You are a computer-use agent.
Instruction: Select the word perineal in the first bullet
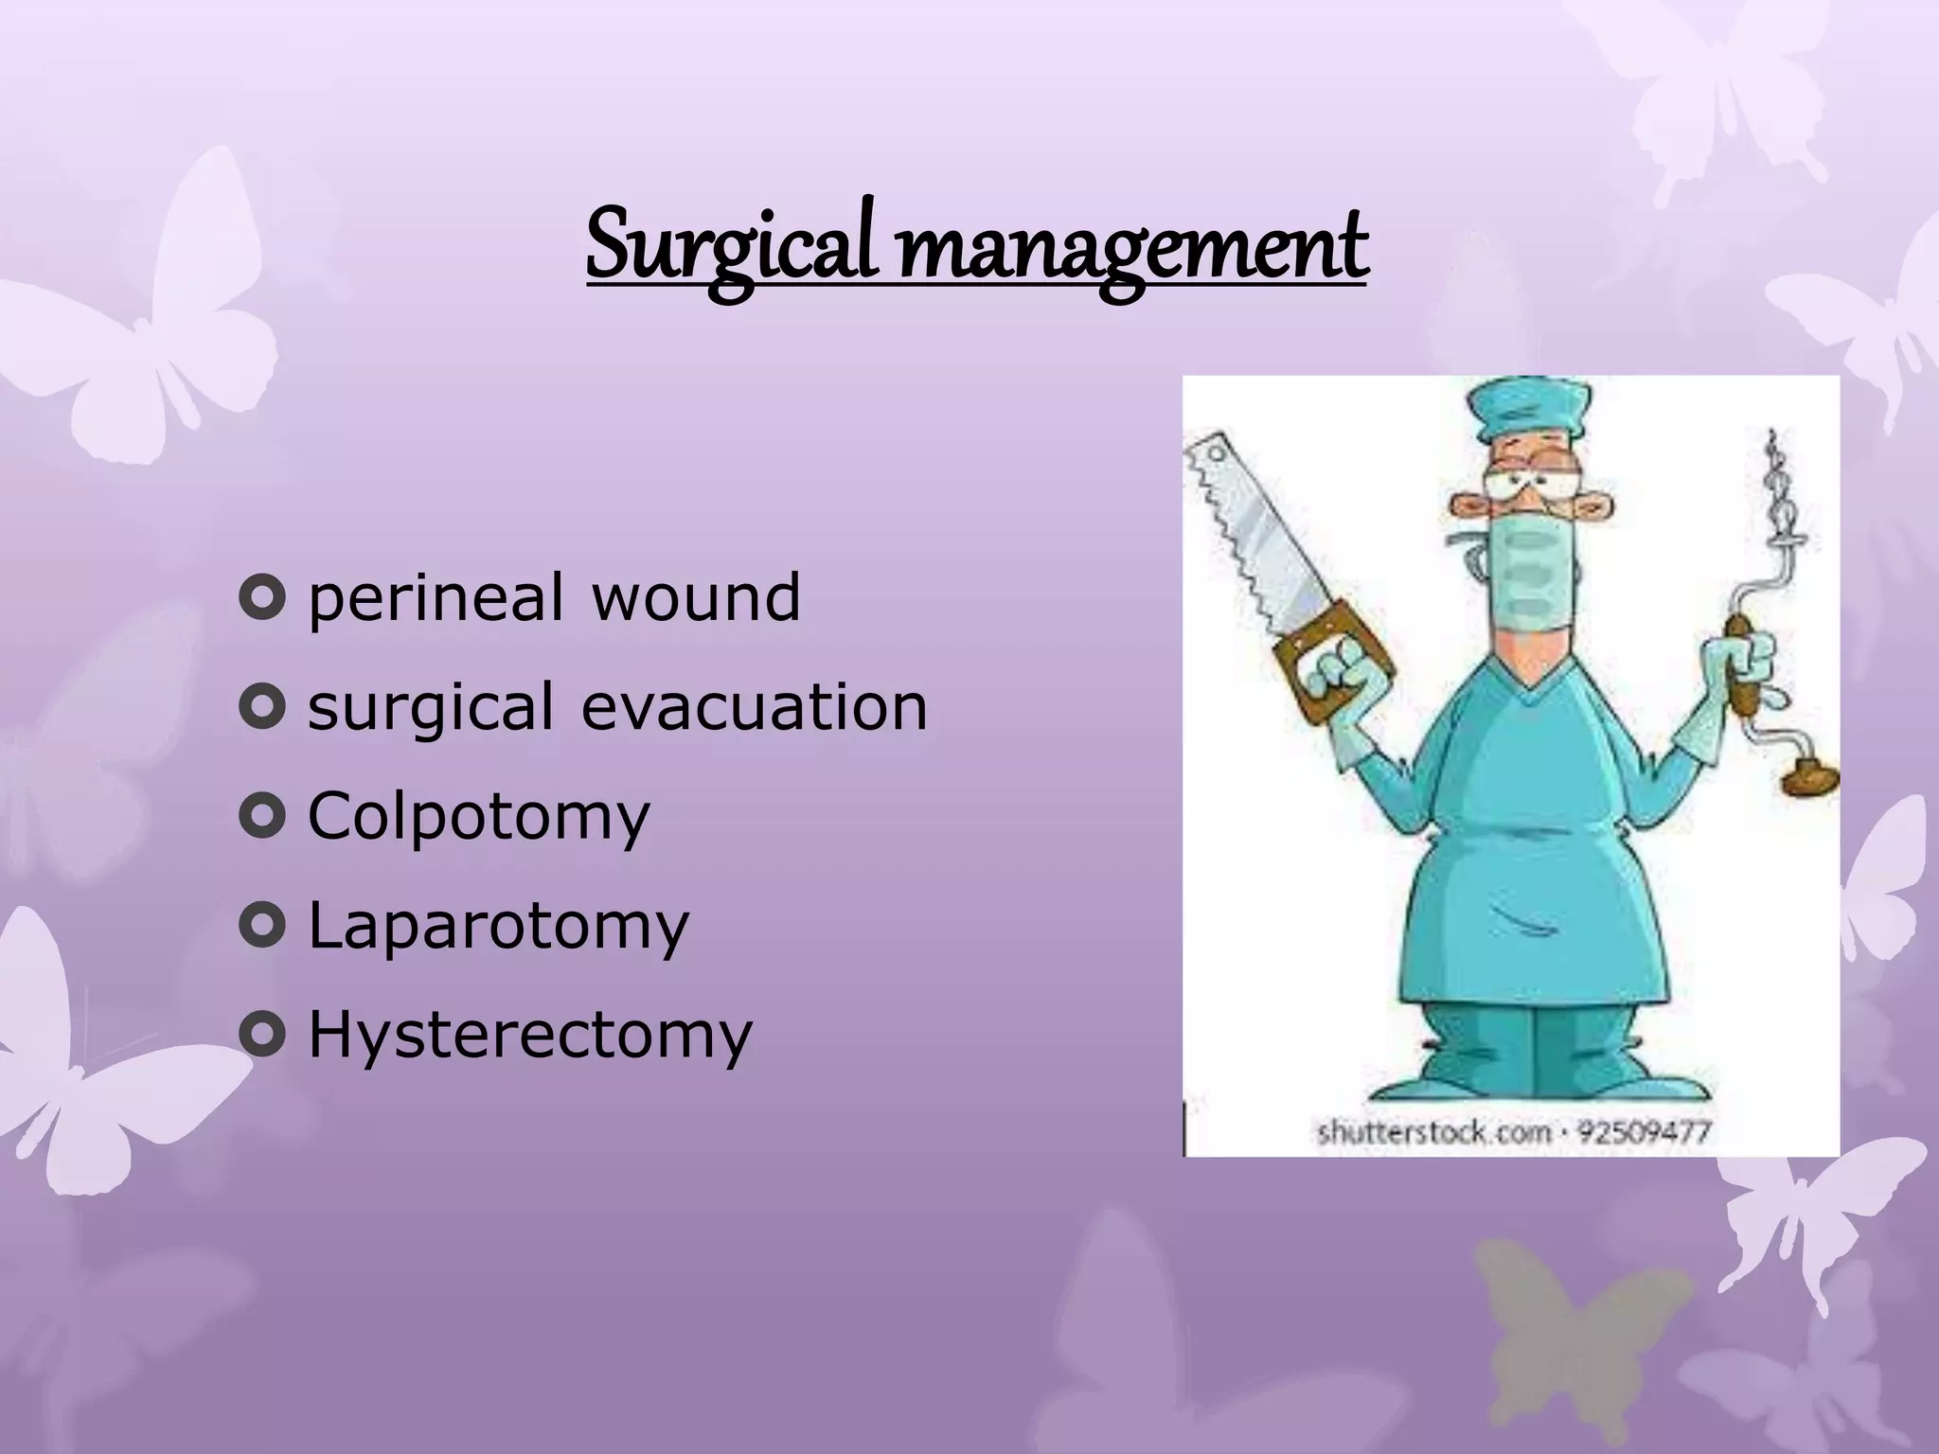click(436, 598)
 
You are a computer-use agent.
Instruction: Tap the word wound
click(696, 598)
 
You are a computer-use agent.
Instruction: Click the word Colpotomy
click(479, 816)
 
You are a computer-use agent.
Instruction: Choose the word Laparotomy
click(499, 926)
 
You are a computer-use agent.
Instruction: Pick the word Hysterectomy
click(530, 1035)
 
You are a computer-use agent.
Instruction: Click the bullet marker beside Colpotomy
click(262, 817)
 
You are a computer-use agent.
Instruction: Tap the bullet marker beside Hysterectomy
click(262, 1036)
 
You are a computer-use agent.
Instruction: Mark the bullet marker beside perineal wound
click(262, 599)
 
